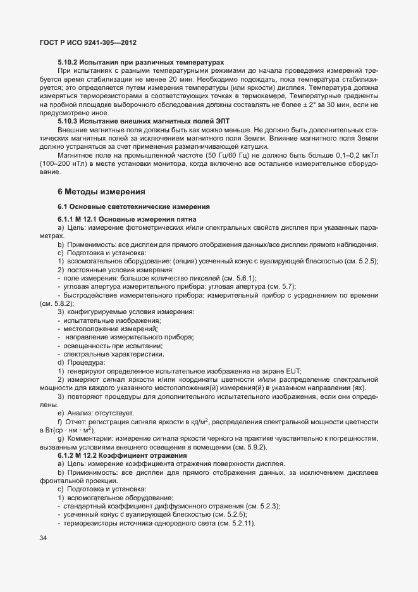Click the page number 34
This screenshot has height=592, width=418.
pos(44,538)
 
